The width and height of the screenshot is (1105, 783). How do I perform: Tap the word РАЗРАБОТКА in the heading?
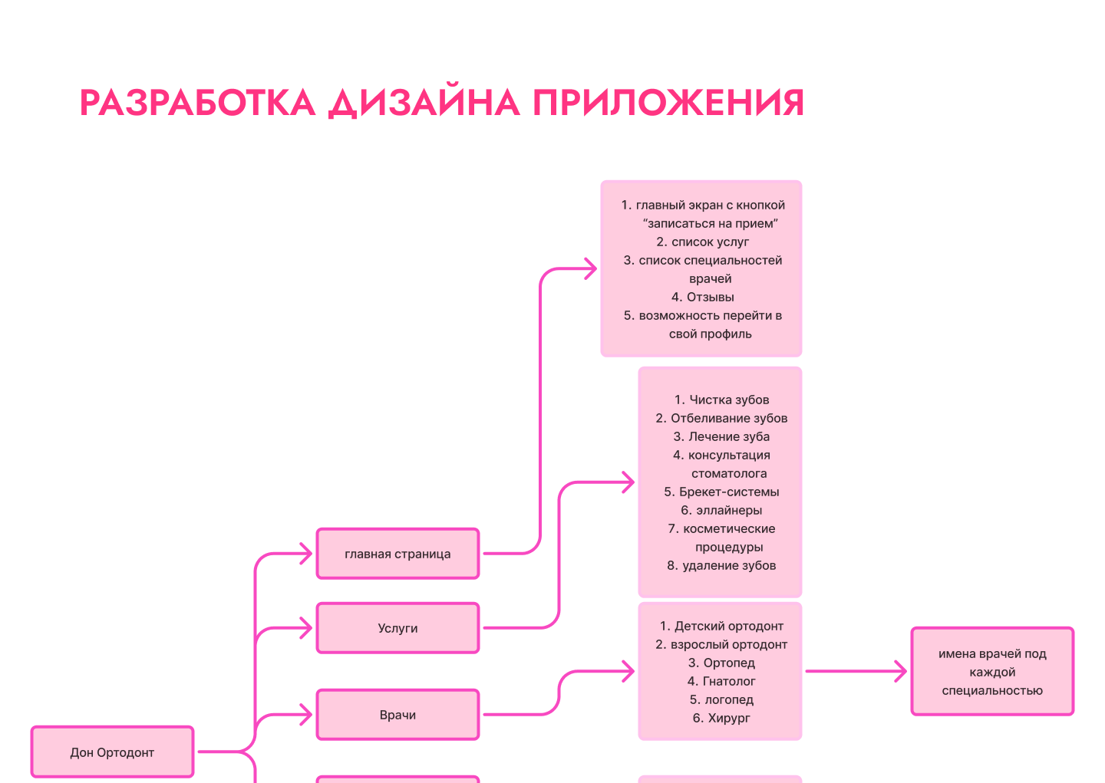click(x=197, y=103)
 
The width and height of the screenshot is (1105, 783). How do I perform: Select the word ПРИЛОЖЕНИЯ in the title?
click(x=668, y=103)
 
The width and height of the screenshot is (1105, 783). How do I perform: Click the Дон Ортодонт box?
click(x=112, y=752)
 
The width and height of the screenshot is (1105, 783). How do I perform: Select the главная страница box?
click(x=397, y=554)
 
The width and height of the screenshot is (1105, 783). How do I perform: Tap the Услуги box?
click(x=397, y=628)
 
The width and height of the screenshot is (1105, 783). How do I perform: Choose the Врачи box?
click(x=397, y=715)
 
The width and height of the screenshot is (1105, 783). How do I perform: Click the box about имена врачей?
click(x=992, y=672)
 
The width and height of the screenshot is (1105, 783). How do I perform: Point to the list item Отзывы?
click(x=710, y=297)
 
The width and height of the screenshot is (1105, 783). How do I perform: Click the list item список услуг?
click(x=710, y=242)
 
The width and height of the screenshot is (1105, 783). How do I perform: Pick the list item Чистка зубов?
click(x=728, y=400)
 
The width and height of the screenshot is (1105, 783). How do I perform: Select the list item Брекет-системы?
click(x=728, y=492)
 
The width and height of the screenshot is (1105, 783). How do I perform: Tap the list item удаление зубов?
click(x=728, y=565)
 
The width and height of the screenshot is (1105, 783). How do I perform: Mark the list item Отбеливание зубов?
click(x=728, y=418)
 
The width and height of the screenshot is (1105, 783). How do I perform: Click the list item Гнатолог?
click(x=728, y=681)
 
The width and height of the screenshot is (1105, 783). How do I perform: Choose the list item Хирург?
click(x=728, y=718)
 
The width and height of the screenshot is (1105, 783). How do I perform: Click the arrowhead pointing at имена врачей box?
click(x=901, y=672)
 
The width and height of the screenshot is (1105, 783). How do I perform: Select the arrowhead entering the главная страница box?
click(x=306, y=554)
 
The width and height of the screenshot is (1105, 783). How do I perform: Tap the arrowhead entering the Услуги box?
click(x=306, y=628)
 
